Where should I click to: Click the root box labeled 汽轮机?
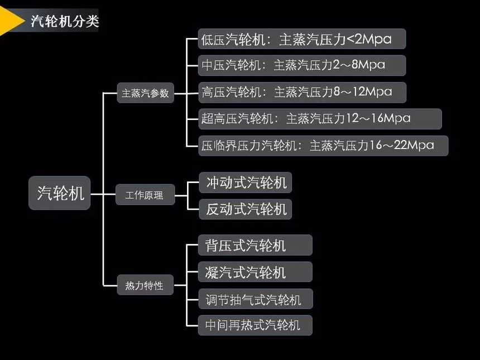pos(60,194)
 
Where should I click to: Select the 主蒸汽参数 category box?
pos(145,93)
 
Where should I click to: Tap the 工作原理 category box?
pos(145,195)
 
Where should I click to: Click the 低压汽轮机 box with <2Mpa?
pos(301,39)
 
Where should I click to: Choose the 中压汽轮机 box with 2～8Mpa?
pos(301,65)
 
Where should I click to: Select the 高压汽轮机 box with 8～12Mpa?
pos(301,92)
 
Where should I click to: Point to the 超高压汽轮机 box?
pos(320,119)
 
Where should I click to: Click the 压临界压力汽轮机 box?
pos(323,146)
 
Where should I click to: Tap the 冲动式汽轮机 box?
pos(246,183)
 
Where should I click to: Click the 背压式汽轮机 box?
pos(255,246)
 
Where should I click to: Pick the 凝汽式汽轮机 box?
pos(255,272)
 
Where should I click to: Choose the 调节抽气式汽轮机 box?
pos(255,299)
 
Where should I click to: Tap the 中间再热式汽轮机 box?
pos(255,325)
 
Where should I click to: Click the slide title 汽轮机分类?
pos(65,21)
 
